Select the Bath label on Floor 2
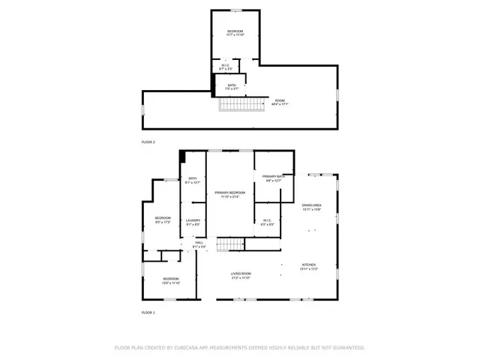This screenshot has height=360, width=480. pos(232,86)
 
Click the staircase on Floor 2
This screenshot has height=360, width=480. pos(241,106)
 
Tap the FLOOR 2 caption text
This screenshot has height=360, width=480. pos(148,142)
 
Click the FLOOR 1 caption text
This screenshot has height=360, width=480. pos(148,312)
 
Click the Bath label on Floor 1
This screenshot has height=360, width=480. pos(192,179)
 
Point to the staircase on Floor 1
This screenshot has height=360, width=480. pos(231,244)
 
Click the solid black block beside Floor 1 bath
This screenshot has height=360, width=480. pos(181,156)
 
